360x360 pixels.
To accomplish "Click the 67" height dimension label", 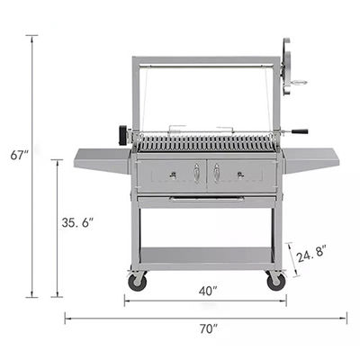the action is point(20,156).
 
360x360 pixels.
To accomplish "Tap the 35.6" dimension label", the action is point(77,222).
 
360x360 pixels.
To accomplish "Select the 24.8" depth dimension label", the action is point(310,254).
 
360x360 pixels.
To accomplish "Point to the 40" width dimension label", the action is point(208,291).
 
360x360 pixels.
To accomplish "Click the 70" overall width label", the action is point(209,328).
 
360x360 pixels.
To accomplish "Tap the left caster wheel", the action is point(138,282).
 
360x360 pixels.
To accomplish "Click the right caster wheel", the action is point(276,282).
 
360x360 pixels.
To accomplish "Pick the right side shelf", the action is point(310,160).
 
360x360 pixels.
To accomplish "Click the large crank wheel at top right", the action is point(286,67).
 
